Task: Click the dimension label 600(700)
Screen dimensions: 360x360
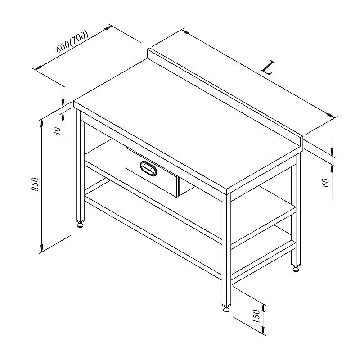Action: coord(72,42)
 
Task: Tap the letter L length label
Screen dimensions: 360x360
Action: coord(268,67)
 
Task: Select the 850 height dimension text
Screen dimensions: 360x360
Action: coord(36,184)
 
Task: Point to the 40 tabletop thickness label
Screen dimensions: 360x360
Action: coord(58,131)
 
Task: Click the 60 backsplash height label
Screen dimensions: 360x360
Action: coord(326,183)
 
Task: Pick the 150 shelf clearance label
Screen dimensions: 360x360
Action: coord(256,316)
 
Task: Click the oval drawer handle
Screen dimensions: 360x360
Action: coord(148,168)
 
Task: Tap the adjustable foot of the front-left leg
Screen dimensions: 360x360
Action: coord(80,225)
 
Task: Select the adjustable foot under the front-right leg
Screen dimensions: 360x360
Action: coord(226,309)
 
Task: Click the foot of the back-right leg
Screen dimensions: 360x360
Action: coord(296,269)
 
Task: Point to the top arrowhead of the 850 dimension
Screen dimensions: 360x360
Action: coord(41,123)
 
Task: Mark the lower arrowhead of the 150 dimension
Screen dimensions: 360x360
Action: coord(263,330)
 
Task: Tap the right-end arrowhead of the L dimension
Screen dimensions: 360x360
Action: coord(331,116)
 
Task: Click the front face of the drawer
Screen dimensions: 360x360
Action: coord(152,172)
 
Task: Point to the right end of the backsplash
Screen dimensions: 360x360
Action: coord(301,144)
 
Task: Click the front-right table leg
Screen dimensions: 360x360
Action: coord(226,249)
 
